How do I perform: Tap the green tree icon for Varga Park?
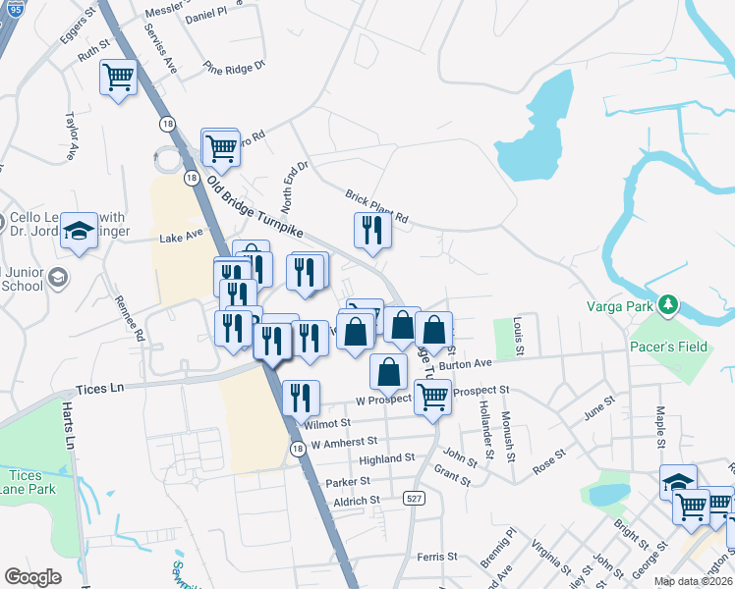tap(667, 305)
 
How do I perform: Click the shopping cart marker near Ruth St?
tap(119, 76)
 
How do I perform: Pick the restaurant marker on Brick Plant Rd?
tap(372, 230)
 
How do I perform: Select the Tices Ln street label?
tap(101, 389)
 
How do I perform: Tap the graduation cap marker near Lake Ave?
tap(79, 231)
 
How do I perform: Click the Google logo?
tap(32, 577)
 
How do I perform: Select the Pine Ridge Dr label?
tap(235, 67)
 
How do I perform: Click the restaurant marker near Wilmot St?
tap(301, 397)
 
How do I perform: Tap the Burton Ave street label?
tap(465, 364)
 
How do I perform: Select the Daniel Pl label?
tap(205, 17)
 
